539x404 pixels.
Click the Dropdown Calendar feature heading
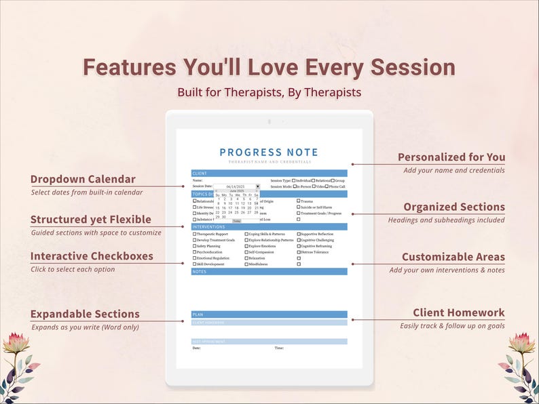[83, 180]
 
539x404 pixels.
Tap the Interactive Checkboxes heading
[92, 256]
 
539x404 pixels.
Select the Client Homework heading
[459, 312]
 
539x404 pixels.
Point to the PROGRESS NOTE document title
[269, 153]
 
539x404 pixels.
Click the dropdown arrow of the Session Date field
[257, 186]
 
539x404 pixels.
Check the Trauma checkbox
[299, 201]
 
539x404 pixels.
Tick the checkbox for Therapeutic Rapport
[195, 233]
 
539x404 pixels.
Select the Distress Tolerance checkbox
[299, 251]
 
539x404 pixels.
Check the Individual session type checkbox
[293, 181]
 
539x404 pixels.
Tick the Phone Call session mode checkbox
[327, 186]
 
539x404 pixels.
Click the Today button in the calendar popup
[236, 221]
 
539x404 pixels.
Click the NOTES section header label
[199, 271]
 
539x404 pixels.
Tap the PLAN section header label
[198, 315]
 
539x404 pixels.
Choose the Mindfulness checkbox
[246, 264]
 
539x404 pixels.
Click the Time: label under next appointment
[278, 348]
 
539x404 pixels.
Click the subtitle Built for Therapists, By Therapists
[269, 92]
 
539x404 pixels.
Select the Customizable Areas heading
[453, 257]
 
